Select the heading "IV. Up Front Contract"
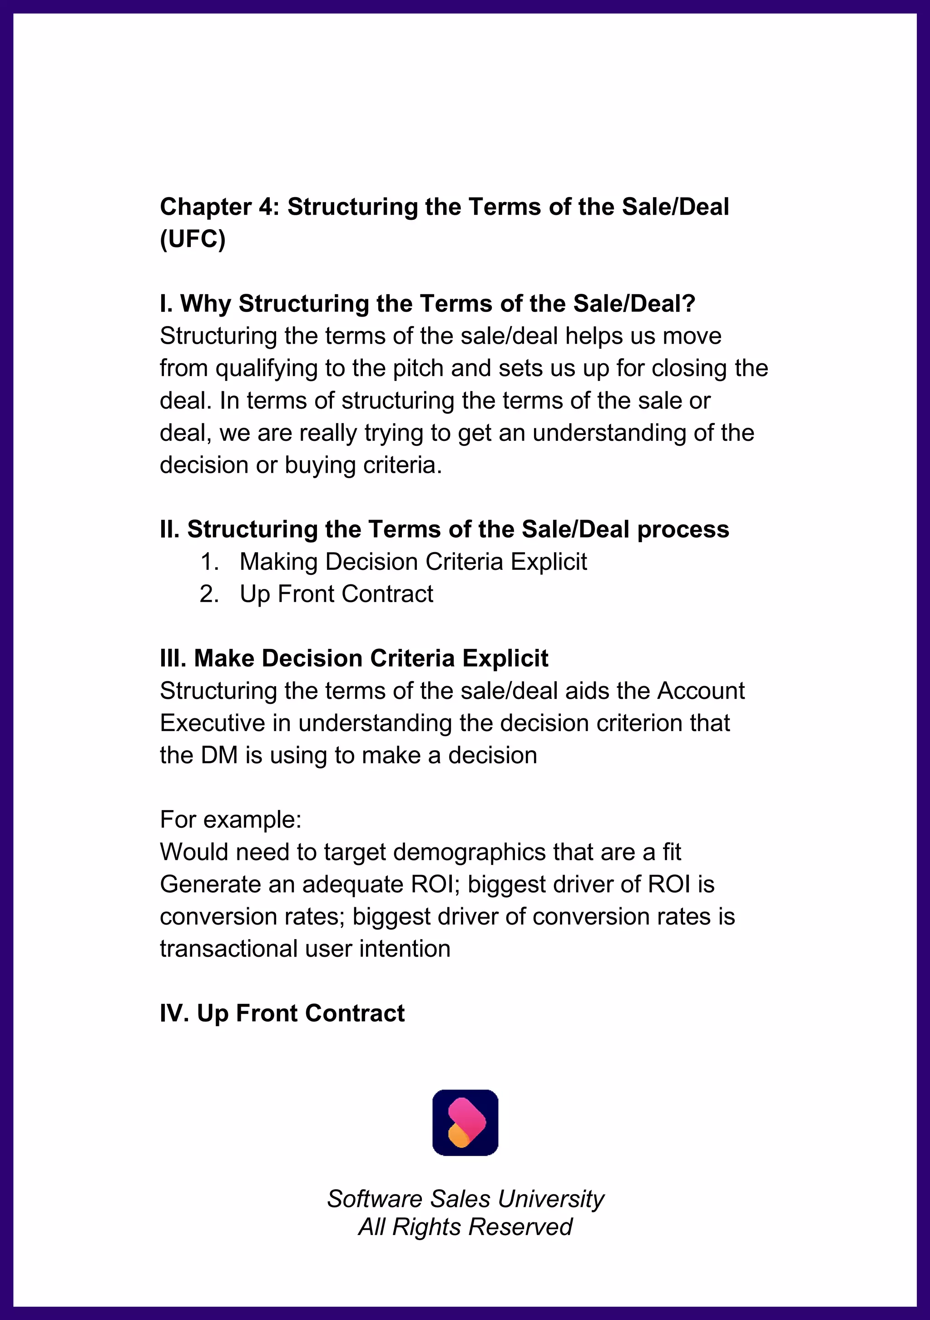click(282, 1013)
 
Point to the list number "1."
click(209, 562)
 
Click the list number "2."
click(209, 594)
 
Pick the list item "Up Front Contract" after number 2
click(336, 594)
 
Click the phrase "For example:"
click(231, 819)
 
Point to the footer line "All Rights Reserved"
click(465, 1227)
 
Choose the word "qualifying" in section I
click(266, 369)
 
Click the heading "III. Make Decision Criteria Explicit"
click(354, 658)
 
